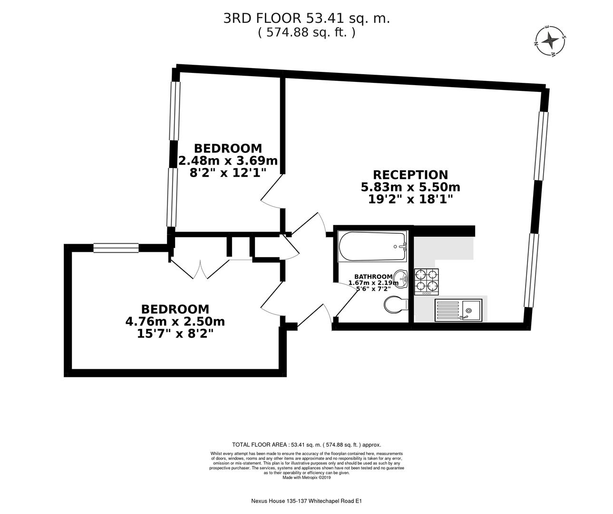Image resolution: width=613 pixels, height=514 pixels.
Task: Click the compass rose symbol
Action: tap(551, 40)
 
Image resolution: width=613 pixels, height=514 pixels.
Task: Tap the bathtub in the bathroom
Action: tap(371, 246)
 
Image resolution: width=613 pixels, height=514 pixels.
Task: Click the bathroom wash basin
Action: tap(401, 278)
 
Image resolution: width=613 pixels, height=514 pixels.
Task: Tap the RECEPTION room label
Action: tap(410, 175)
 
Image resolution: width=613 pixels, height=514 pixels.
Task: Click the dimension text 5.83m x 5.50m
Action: tap(410, 187)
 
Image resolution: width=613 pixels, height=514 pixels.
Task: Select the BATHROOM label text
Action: tap(373, 277)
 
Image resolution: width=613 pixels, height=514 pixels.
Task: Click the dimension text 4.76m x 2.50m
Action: tap(175, 321)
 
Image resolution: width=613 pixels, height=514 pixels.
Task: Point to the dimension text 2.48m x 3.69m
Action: tap(228, 160)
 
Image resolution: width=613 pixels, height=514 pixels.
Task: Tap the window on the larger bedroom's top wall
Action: tap(116, 247)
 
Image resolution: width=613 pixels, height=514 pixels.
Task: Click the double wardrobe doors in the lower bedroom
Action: tap(200, 269)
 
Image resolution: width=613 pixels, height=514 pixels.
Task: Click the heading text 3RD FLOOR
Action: tap(262, 18)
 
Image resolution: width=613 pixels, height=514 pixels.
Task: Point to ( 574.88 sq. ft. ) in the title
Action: tap(306, 32)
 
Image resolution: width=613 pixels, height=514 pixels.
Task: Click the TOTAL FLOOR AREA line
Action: tap(306, 445)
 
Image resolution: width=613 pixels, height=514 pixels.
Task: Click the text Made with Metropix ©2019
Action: tap(306, 477)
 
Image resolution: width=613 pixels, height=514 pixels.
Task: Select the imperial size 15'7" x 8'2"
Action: tap(175, 334)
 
